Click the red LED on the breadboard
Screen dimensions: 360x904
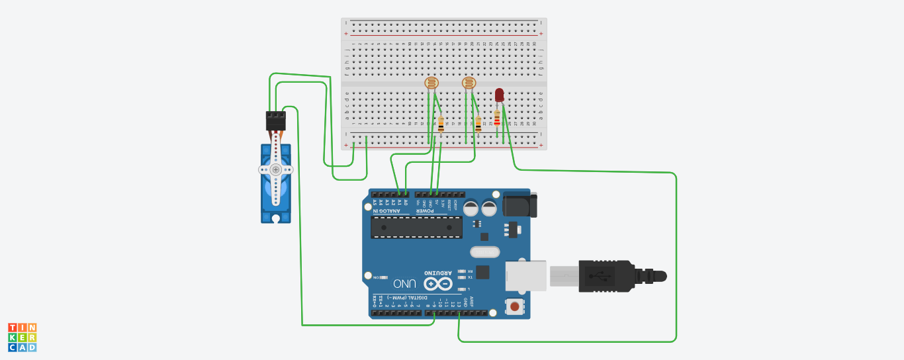(x=500, y=95)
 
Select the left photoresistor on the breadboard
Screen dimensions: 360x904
(x=431, y=83)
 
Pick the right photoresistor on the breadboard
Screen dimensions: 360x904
(x=469, y=83)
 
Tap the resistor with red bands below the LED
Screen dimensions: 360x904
(x=497, y=120)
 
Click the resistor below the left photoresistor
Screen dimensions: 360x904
(x=441, y=124)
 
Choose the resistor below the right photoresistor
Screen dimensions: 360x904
(x=478, y=124)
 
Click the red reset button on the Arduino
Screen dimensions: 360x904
(x=514, y=306)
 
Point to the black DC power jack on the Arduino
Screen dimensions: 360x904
(x=520, y=204)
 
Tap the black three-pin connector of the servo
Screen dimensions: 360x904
(x=276, y=120)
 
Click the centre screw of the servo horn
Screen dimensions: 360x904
(x=276, y=170)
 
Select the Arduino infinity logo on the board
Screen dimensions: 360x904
(x=438, y=283)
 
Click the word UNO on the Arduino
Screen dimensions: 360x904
(x=404, y=283)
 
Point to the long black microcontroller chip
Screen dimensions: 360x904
(x=416, y=227)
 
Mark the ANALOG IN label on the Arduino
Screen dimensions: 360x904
(x=391, y=210)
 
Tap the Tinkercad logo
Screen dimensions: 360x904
(x=23, y=337)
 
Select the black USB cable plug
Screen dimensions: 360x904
(x=612, y=276)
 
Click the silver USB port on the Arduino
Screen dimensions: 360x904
(x=526, y=275)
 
